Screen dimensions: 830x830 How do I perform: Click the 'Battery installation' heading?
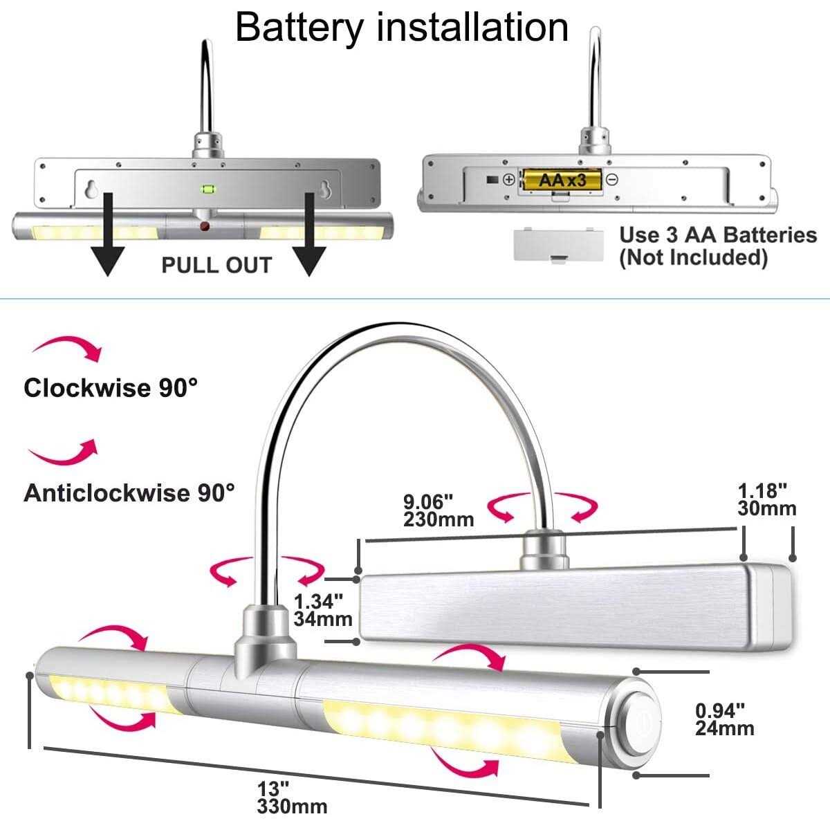pos(402,27)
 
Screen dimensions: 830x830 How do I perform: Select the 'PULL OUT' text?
pos(216,265)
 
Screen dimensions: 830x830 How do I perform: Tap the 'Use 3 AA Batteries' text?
pos(717,235)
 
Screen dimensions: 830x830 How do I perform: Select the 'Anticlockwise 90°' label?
pos(129,493)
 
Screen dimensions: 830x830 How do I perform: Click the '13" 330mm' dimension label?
pos(292,797)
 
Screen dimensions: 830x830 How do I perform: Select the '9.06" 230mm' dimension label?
pos(439,510)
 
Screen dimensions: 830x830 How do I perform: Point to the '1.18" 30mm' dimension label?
pos(766,500)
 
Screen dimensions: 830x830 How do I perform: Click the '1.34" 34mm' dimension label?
pos(323,609)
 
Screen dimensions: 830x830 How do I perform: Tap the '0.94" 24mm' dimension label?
pos(724,719)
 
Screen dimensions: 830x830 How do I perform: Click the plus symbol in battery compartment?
pos(508,180)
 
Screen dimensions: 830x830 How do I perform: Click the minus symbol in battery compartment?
pos(611,180)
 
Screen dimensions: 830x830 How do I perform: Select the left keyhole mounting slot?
pos(91,189)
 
